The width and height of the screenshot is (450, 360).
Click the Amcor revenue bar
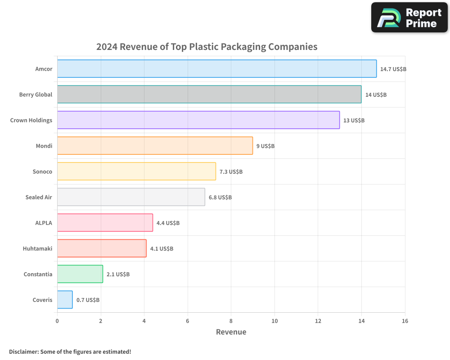(x=216, y=69)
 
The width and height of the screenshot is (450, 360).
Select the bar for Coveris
(x=65, y=300)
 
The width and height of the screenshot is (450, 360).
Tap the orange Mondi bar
(x=155, y=146)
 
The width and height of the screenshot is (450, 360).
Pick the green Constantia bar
(x=80, y=274)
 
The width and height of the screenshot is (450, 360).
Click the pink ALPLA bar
(x=105, y=223)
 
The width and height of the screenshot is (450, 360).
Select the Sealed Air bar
(x=131, y=197)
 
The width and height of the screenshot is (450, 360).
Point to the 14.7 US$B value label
(x=393, y=69)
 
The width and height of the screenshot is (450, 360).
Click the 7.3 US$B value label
(x=231, y=172)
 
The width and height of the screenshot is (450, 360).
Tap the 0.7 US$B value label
(x=88, y=300)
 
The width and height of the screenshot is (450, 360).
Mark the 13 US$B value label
(x=354, y=121)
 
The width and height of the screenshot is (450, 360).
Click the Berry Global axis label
(x=36, y=94)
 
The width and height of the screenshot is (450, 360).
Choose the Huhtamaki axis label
(x=37, y=248)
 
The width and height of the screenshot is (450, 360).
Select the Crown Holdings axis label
(x=31, y=120)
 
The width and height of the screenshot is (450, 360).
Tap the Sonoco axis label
(x=42, y=171)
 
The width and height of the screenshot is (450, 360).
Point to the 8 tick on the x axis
(x=231, y=321)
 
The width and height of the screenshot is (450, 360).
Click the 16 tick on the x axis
(x=405, y=321)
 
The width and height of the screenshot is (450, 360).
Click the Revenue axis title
(x=231, y=332)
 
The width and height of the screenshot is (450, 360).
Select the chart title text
(x=207, y=47)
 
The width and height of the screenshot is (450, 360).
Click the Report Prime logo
(x=409, y=18)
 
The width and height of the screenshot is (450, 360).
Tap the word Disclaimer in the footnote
(x=23, y=351)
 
